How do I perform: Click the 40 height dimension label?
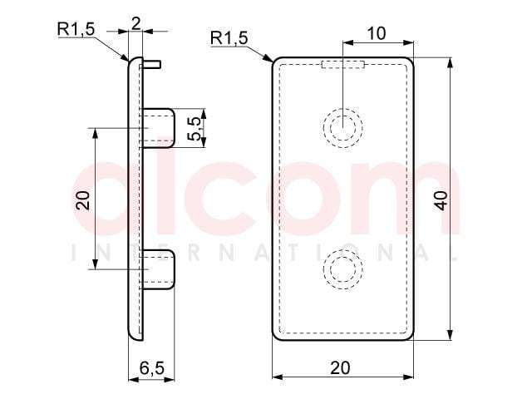pos(442,200)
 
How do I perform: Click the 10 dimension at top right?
pos(377,33)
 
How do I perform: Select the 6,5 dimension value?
pos(151,367)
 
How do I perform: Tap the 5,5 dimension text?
pos(195,128)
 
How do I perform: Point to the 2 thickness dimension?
pos(135,24)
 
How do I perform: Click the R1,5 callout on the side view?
pos(76,29)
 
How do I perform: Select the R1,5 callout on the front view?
pos(229,37)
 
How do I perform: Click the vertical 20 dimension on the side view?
pos(83,200)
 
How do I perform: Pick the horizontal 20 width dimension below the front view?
pos(340,367)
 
